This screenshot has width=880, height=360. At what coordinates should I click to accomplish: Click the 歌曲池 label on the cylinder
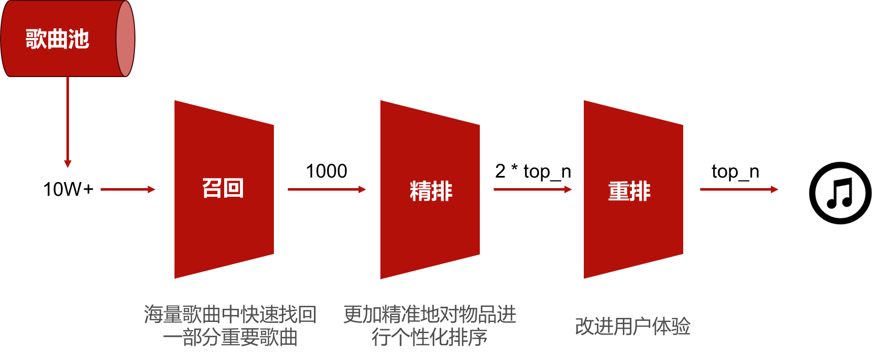(57, 39)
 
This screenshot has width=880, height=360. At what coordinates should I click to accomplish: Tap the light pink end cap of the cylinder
(125, 39)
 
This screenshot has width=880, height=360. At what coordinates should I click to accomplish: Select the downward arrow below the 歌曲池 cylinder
(67, 122)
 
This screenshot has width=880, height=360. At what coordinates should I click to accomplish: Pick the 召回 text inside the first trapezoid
(223, 188)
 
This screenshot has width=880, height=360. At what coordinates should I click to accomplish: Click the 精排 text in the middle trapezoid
(431, 191)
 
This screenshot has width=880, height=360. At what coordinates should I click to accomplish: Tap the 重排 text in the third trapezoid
(629, 191)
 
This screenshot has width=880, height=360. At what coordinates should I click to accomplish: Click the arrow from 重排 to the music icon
(738, 189)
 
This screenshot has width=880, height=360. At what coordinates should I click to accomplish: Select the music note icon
(840, 193)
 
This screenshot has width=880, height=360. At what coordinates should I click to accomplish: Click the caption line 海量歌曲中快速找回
(230, 314)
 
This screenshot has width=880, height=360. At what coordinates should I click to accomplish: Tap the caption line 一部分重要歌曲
(230, 337)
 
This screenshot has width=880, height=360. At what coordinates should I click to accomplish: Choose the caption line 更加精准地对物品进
(430, 314)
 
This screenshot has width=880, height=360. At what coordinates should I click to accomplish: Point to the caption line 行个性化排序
(430, 337)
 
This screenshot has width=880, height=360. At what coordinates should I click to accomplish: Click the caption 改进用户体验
(632, 326)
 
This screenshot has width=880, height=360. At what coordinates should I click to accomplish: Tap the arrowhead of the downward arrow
(67, 164)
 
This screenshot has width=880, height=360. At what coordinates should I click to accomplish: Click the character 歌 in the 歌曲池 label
(36, 39)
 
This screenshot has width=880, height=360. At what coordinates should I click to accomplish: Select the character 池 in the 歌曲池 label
(79, 39)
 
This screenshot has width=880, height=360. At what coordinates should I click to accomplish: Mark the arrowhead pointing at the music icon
(775, 189)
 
